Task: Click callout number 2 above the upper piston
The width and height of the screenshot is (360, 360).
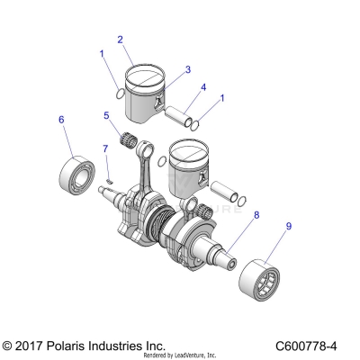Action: coord(121,40)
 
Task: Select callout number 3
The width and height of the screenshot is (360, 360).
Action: coord(187,69)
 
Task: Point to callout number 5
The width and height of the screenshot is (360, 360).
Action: coord(106,115)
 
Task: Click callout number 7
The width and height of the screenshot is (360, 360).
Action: coord(105,148)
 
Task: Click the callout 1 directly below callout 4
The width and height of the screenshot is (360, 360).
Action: coord(222,100)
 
